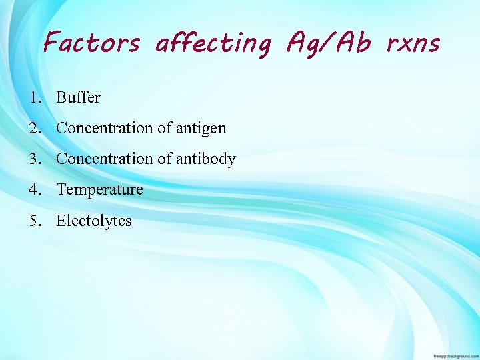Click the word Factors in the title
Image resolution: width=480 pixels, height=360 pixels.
click(91, 43)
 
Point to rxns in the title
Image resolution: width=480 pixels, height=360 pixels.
click(413, 44)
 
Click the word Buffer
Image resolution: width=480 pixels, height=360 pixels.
click(78, 97)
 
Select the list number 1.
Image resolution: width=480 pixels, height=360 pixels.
click(33, 97)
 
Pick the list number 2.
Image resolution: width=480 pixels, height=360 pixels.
click(33, 128)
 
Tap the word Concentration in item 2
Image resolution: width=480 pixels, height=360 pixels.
click(105, 128)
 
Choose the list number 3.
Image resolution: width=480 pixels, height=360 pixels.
click(33, 159)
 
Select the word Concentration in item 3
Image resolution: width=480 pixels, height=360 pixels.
click(105, 159)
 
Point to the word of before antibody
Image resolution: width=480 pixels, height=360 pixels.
click(165, 159)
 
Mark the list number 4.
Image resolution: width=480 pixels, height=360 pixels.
click(33, 189)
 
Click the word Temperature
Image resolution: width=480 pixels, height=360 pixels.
click(99, 189)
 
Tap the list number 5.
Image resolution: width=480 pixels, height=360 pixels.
click(33, 220)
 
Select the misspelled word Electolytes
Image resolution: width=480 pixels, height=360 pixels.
click(94, 220)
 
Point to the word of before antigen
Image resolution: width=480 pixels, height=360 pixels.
click(165, 128)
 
